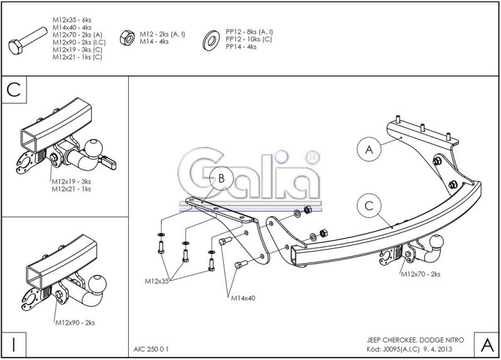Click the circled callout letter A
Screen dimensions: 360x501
(370, 150)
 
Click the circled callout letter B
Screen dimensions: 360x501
(221, 179)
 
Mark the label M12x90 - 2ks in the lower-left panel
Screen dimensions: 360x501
(74, 322)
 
